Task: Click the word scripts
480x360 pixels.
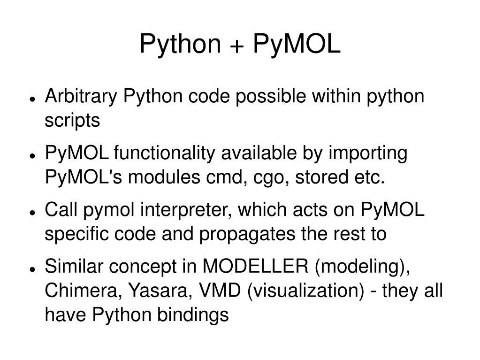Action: pos(72,121)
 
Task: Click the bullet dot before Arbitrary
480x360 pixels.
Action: pos(32,99)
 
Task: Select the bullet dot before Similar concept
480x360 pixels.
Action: pos(32,269)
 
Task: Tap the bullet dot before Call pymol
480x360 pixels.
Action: pos(32,213)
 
